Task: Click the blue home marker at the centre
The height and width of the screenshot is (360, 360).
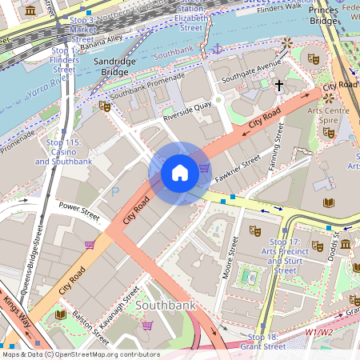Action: click(x=180, y=173)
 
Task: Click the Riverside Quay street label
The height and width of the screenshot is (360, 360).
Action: click(x=187, y=115)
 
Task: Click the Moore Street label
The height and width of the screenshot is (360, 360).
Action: click(x=234, y=257)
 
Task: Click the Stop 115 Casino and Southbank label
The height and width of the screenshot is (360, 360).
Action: click(x=63, y=152)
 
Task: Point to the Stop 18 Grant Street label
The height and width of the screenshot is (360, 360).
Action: click(x=266, y=342)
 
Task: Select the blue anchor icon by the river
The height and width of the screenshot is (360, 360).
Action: click(x=216, y=50)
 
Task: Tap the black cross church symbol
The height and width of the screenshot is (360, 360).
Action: click(x=279, y=84)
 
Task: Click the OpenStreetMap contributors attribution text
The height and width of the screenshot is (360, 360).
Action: click(x=80, y=354)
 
